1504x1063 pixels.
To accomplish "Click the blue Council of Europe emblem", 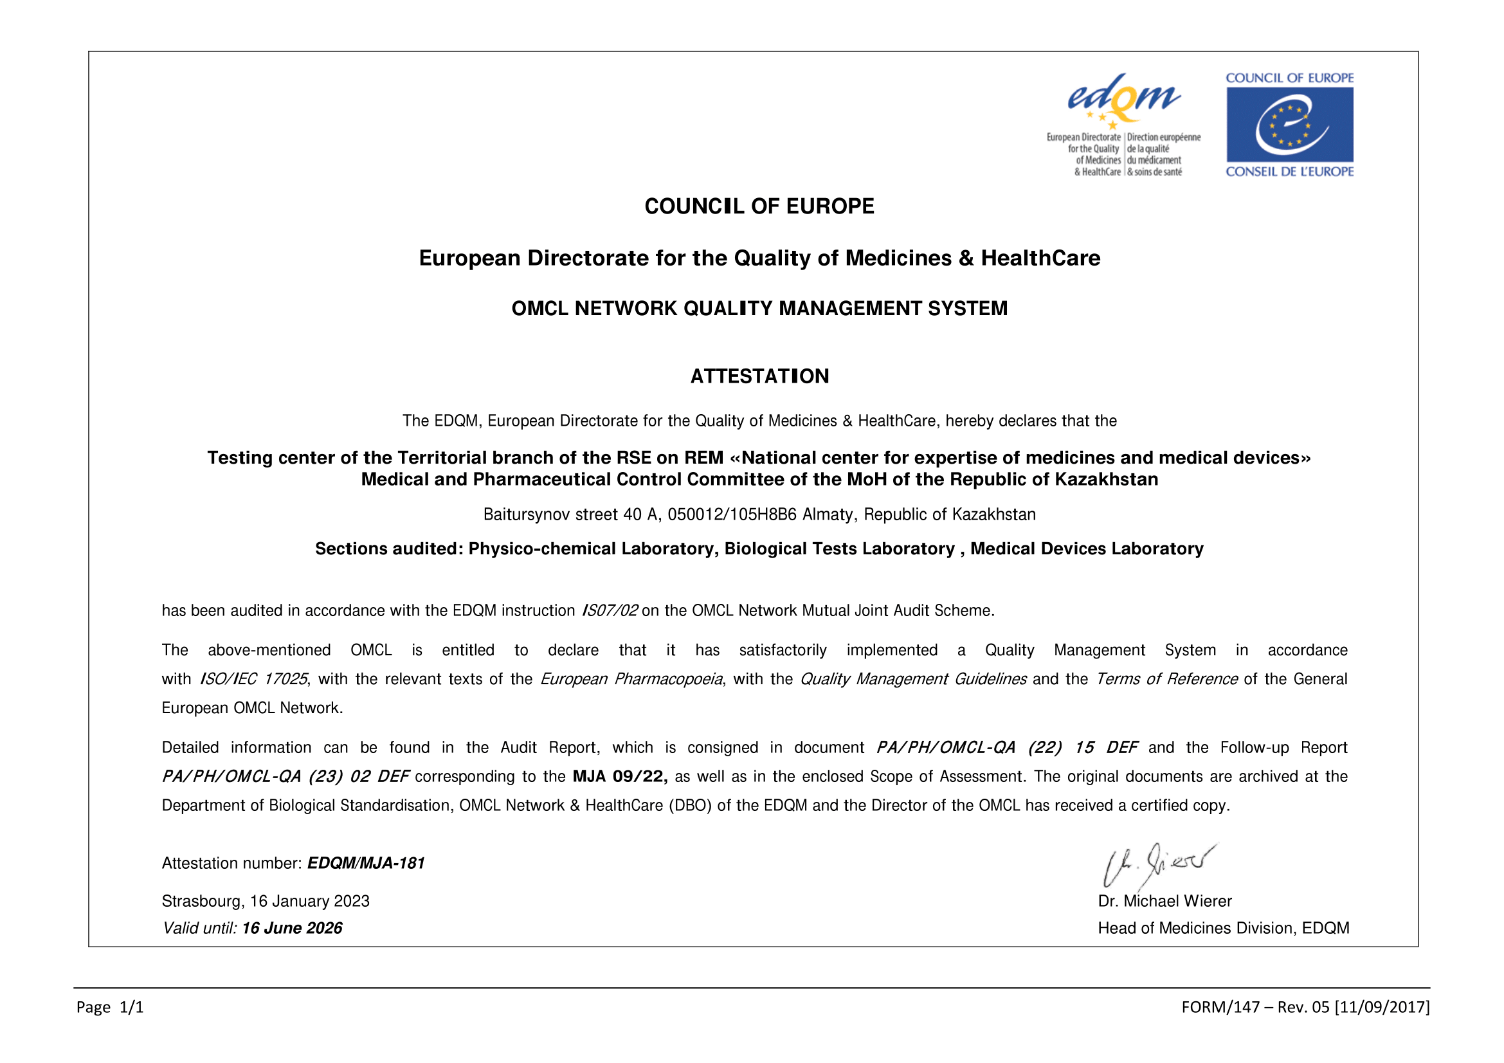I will click(x=1289, y=125).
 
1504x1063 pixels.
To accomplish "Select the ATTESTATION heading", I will click(x=759, y=376).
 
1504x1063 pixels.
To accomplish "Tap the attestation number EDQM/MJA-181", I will click(x=366, y=863).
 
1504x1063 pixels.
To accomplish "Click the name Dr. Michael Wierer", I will click(x=1164, y=901).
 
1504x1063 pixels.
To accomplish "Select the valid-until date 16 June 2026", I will click(x=292, y=928).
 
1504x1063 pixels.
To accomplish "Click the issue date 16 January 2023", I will click(x=310, y=901).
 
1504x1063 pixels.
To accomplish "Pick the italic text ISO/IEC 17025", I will click(x=253, y=679).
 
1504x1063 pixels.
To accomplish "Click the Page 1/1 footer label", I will click(x=110, y=1007).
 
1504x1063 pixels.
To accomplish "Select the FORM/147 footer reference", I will click(x=1305, y=1007).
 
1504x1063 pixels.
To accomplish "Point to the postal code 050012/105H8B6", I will click(x=732, y=515).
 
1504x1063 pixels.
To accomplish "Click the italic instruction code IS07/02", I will click(x=609, y=611).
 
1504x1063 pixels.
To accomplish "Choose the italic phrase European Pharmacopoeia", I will click(x=631, y=679).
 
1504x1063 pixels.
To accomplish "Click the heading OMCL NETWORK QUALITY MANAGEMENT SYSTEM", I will click(x=759, y=309).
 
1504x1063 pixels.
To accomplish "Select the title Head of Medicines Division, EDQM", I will click(x=1224, y=928).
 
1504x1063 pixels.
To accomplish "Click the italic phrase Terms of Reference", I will click(x=1166, y=679).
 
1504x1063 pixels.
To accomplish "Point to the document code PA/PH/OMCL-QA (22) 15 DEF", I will click(x=1007, y=748).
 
